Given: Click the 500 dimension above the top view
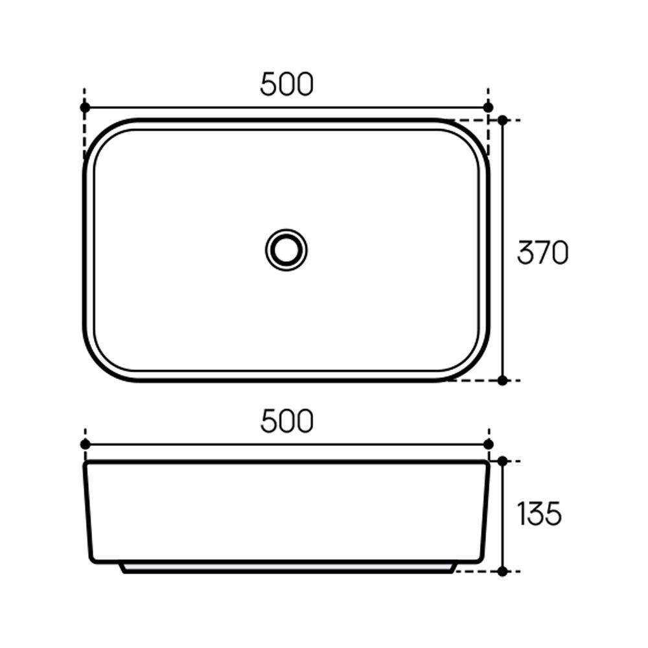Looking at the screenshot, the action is [287, 84].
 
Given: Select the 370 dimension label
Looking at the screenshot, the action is [542, 253].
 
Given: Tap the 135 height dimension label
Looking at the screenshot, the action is [539, 514].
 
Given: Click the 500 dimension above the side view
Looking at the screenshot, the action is [287, 421].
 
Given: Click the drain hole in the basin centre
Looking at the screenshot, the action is [286, 250].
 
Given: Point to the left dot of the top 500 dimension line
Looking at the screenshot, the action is [85, 108].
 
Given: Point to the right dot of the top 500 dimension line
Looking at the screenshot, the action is [488, 108].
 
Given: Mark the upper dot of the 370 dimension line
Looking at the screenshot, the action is [503, 121].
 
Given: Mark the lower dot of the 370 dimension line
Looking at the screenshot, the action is [503, 380].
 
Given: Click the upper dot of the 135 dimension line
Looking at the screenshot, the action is [503, 461].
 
